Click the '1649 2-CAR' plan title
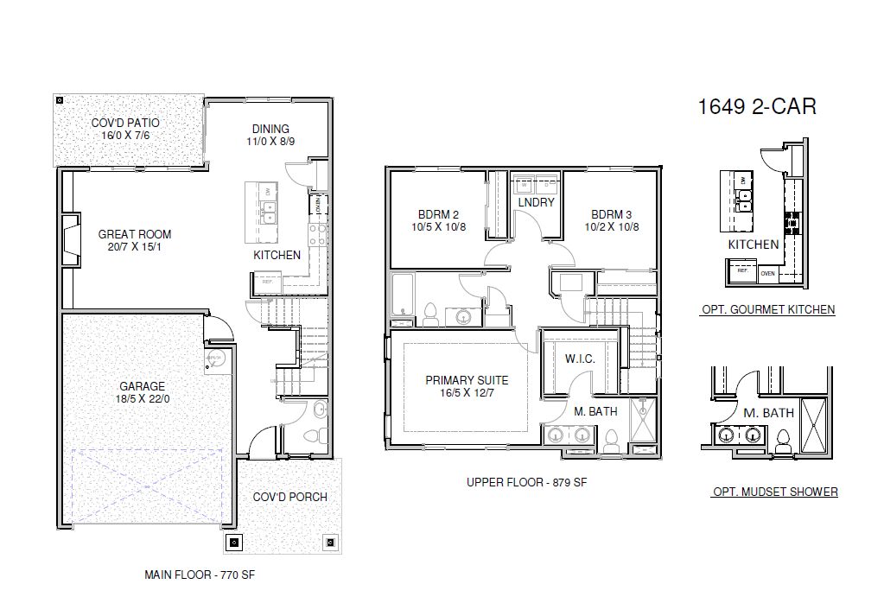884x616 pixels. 756,106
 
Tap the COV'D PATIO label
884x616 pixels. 125,123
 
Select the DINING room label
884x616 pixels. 270,130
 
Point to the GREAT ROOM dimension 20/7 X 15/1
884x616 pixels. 134,247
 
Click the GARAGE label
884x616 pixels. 143,386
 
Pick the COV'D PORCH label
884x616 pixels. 289,497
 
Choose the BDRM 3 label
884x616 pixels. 613,214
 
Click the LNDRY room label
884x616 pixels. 536,203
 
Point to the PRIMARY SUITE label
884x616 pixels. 467,380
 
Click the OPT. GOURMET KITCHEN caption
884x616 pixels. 767,309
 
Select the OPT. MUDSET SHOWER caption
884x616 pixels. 774,492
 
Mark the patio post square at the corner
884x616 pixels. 59,99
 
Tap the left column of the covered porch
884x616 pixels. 233,543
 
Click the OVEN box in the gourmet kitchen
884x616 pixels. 767,274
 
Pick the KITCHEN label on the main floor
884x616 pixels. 277,255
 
